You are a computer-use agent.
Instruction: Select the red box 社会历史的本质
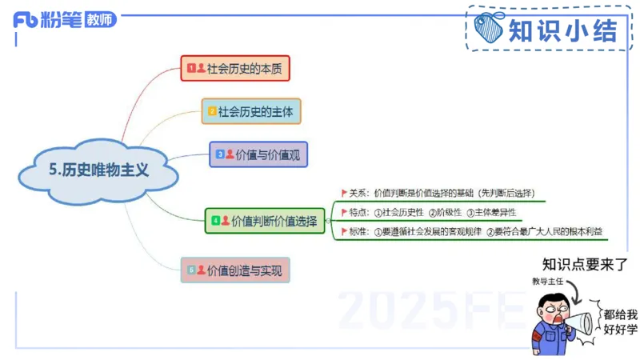pos(234,69)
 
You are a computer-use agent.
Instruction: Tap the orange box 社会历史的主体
pos(251,111)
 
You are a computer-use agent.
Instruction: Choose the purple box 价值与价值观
pos(258,154)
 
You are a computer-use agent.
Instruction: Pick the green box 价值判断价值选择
pos(265,220)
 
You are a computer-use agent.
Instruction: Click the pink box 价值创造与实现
pos(235,270)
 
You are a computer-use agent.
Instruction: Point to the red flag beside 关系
pos(344,192)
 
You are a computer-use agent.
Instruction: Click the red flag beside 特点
pos(344,212)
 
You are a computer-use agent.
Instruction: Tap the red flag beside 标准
pos(344,232)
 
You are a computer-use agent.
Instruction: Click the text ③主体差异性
pos(491,212)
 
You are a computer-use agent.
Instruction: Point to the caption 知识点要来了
pos(583,265)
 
